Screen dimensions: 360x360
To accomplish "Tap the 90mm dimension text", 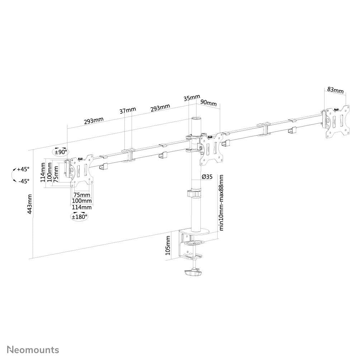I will coord(208,103).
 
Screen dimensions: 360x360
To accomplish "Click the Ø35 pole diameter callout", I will coord(208,176).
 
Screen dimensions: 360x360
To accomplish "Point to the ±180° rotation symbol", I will coord(79,217).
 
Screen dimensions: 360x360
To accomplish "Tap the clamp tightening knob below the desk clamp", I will coord(193,274).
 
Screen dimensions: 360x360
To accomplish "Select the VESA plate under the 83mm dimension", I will coord(337,121).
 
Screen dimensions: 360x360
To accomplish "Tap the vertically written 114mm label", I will coord(43,172).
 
